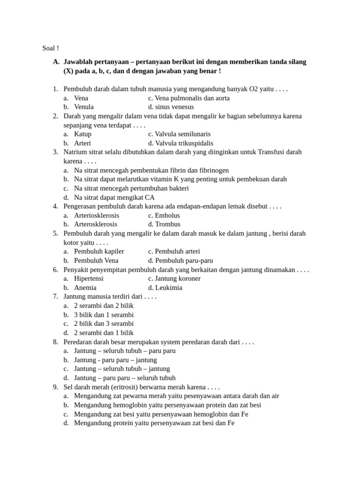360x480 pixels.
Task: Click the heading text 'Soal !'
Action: (x=51, y=48)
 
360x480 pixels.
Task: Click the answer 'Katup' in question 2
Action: (x=83, y=134)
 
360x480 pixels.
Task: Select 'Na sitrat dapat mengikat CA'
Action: (x=114, y=197)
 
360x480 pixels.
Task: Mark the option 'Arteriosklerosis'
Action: (x=97, y=215)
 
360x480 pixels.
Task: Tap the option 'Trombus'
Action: (x=168, y=224)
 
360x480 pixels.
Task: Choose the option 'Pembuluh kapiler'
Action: (x=99, y=251)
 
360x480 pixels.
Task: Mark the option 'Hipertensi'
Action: (x=89, y=278)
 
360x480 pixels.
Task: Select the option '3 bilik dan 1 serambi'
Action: (x=104, y=315)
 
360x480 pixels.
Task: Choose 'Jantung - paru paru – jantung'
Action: (x=115, y=360)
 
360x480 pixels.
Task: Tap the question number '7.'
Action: (x=55, y=296)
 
